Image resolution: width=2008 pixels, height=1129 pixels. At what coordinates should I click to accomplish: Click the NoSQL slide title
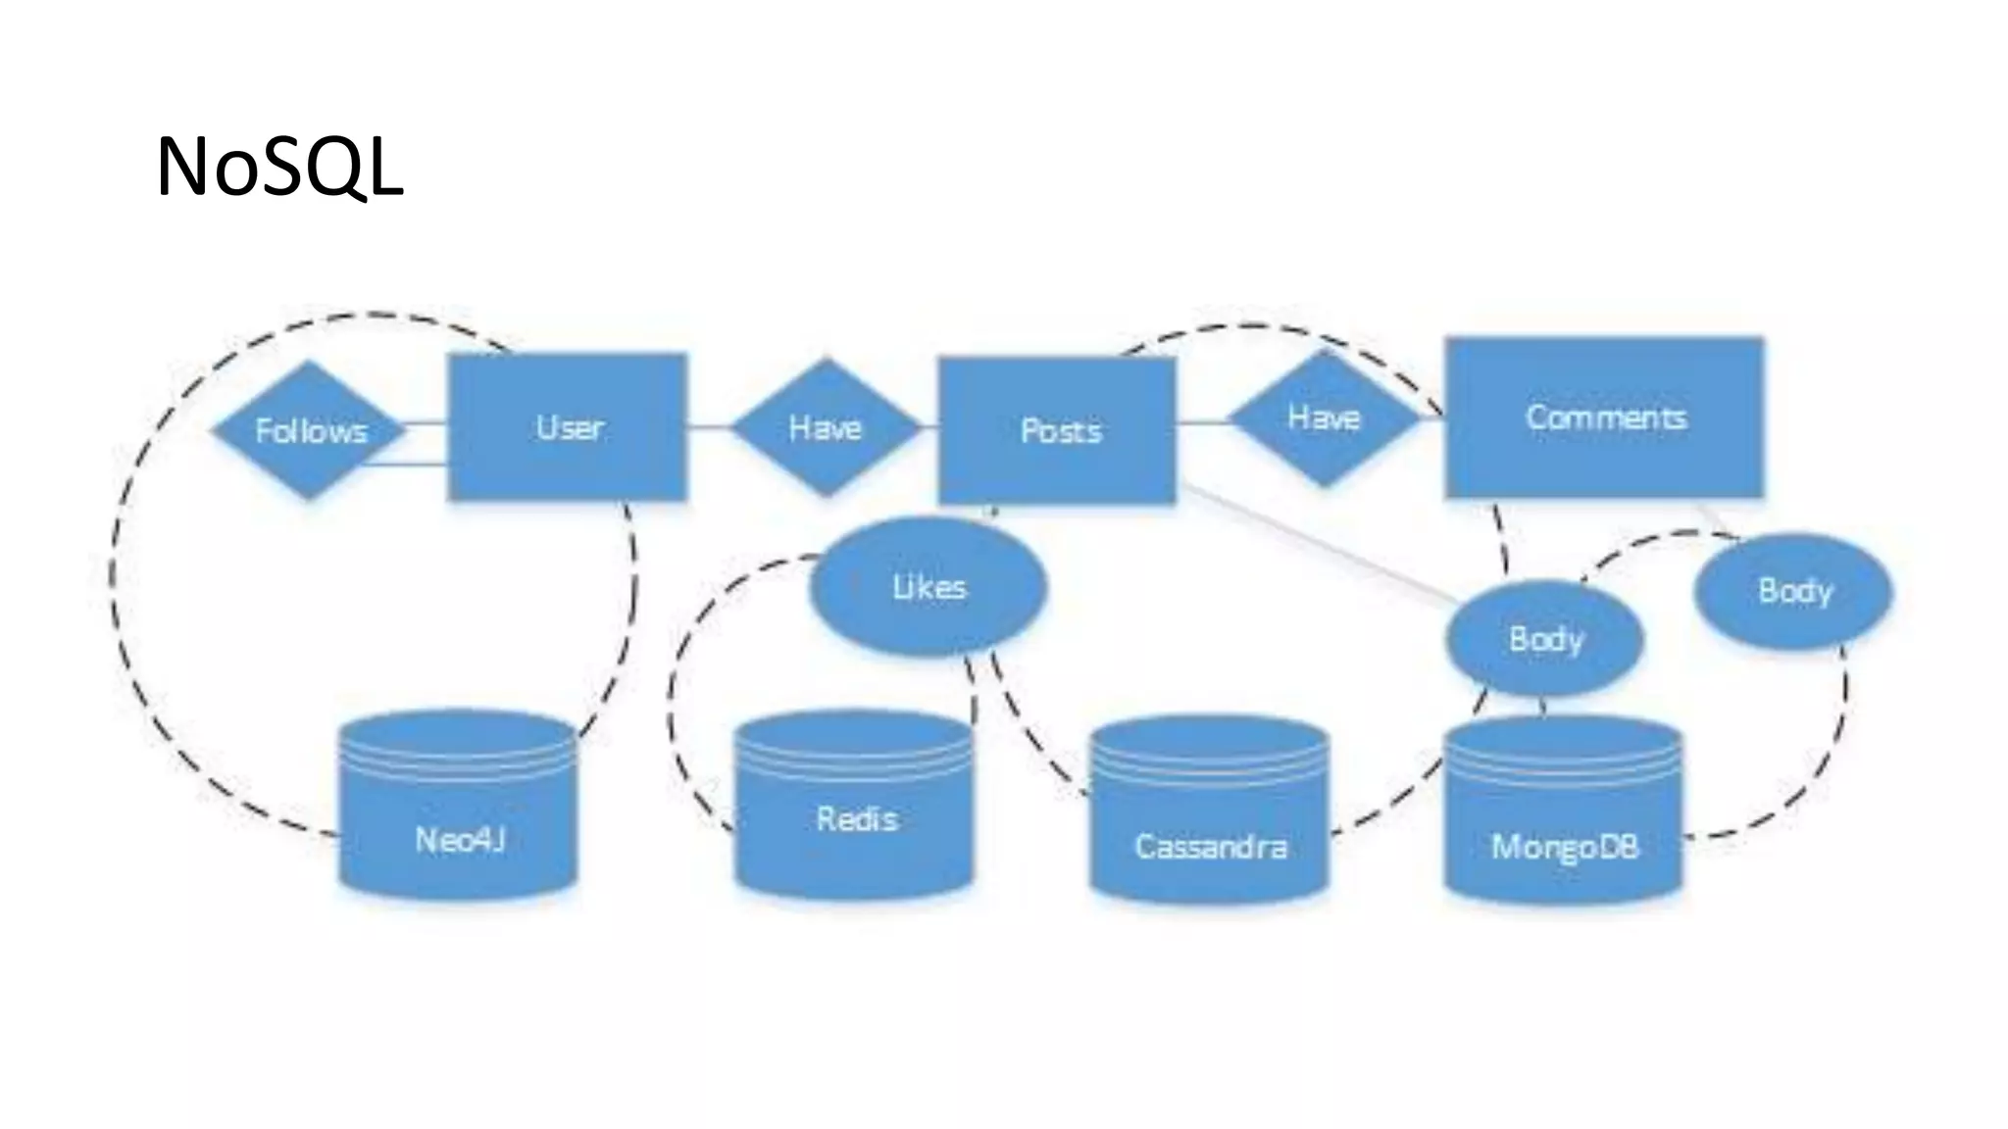[x=279, y=169]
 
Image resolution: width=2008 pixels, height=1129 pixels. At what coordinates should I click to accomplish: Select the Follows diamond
[x=309, y=430]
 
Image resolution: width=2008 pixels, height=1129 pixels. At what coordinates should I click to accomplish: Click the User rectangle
[x=568, y=427]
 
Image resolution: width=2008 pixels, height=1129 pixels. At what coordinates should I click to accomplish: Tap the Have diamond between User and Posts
[x=826, y=427]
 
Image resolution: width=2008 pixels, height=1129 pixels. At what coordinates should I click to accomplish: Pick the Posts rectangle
[x=1058, y=430]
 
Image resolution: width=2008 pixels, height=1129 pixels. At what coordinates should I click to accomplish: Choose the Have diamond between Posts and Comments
[x=1324, y=418]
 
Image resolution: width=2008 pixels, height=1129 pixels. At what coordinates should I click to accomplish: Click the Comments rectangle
[x=1604, y=417]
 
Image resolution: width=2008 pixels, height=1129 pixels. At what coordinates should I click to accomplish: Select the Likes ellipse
[x=929, y=587]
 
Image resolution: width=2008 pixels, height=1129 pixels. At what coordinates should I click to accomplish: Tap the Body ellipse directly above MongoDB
[x=1545, y=639]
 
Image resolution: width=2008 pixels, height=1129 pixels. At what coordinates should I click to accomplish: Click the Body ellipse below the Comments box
[x=1794, y=591]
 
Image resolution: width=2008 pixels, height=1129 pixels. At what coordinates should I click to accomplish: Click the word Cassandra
[x=1210, y=846]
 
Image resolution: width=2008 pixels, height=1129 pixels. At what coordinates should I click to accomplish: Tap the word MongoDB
[x=1564, y=846]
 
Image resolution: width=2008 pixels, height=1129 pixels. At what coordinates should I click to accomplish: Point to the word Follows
[x=311, y=431]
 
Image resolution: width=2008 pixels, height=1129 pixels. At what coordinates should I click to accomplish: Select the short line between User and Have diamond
[x=709, y=427]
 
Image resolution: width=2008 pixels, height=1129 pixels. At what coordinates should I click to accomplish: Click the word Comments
[x=1606, y=417]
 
